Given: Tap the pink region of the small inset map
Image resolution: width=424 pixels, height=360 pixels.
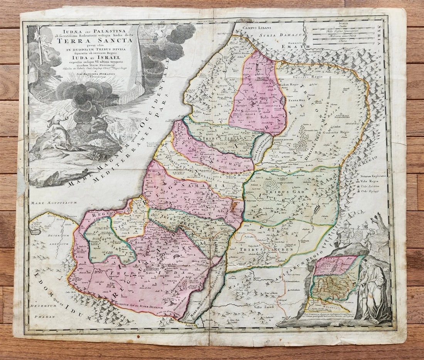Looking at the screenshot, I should [335, 265].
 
